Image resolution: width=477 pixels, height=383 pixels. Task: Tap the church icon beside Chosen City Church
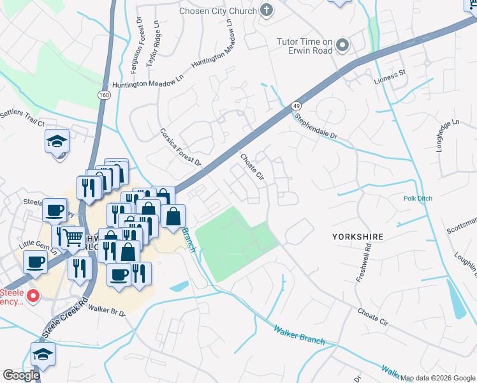point(267,10)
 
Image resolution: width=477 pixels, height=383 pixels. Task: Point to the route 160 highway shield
point(103,94)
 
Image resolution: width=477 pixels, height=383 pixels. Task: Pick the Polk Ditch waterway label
point(418,199)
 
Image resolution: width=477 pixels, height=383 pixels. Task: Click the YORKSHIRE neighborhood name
point(358,237)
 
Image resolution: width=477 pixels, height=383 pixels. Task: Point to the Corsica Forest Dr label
point(180,146)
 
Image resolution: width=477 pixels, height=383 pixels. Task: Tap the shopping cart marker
point(73,238)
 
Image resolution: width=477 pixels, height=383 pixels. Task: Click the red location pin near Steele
point(33,296)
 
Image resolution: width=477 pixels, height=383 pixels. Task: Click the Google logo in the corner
point(21,375)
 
